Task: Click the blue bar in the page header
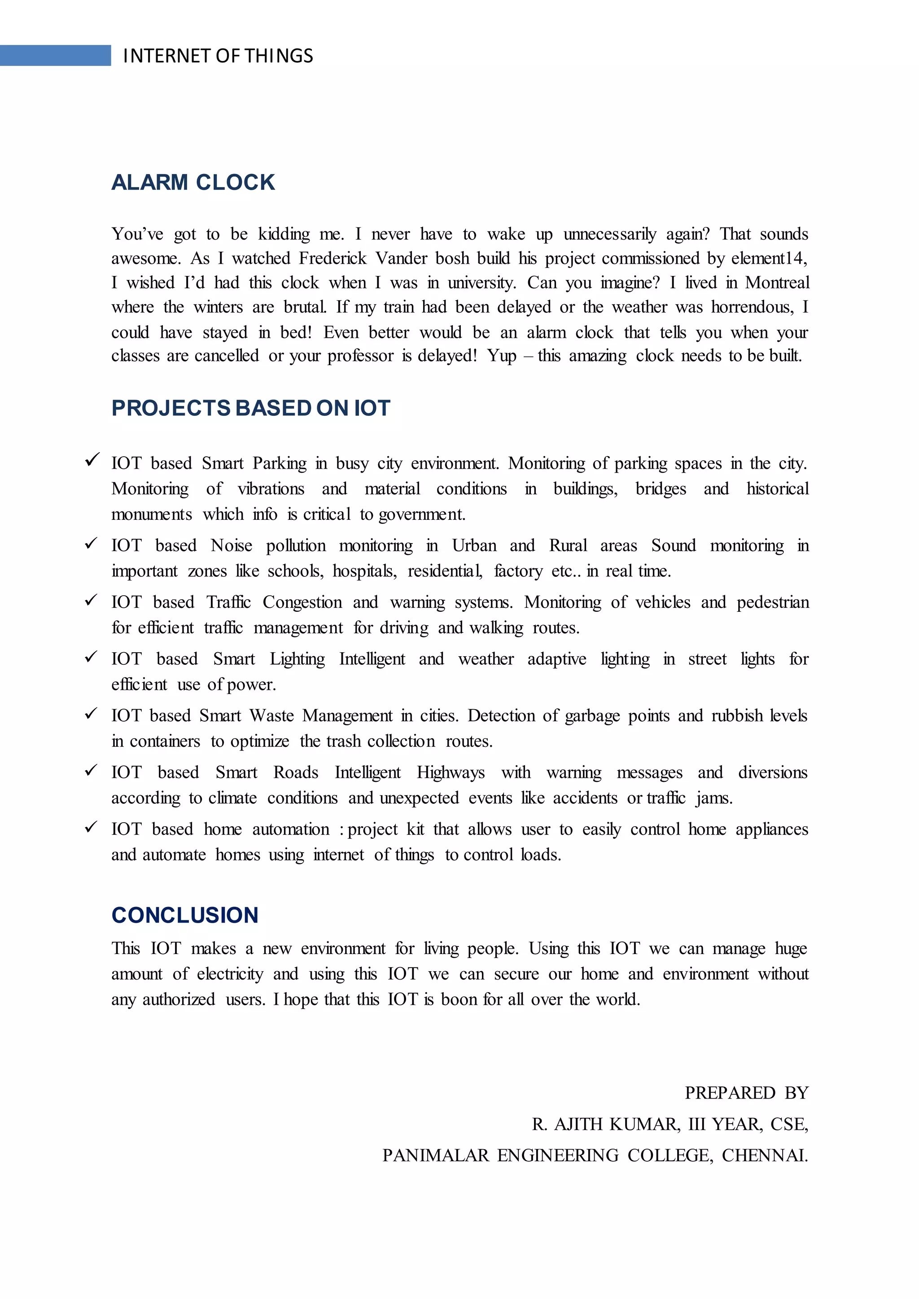pyautogui.click(x=56, y=56)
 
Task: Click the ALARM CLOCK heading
pyautogui.click(x=193, y=182)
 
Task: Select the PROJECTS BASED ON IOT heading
pyautogui.click(x=251, y=408)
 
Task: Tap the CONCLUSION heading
pyautogui.click(x=185, y=915)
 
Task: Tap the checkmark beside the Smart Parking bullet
pyautogui.click(x=92, y=459)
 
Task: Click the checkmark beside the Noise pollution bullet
pyautogui.click(x=91, y=543)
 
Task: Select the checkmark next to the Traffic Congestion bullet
pyautogui.click(x=91, y=600)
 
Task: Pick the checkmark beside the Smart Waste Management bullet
pyautogui.click(x=91, y=714)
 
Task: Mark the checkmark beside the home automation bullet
pyautogui.click(x=91, y=827)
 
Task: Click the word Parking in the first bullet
pyautogui.click(x=280, y=463)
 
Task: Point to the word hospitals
pyautogui.click(x=364, y=571)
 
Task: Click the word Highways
pyautogui.click(x=451, y=772)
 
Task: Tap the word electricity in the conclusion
pyautogui.click(x=230, y=974)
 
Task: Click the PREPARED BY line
pyautogui.click(x=746, y=1093)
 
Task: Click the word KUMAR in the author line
pyautogui.click(x=644, y=1124)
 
